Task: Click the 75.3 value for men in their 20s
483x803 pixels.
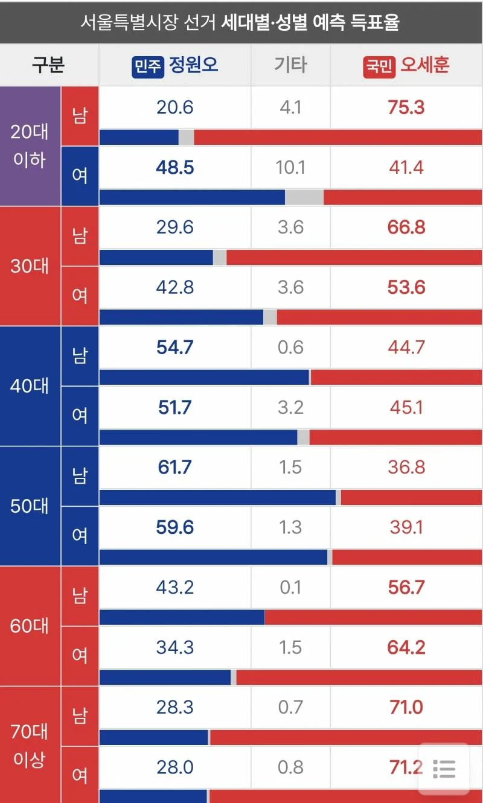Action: pyautogui.click(x=406, y=107)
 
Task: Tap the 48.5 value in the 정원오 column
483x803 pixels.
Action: pyautogui.click(x=174, y=167)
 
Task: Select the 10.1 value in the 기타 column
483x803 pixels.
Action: pyautogui.click(x=290, y=167)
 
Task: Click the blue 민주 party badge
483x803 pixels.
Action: pyautogui.click(x=148, y=67)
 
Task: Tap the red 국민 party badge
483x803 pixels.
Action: pyautogui.click(x=379, y=67)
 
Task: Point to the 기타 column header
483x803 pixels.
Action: pyautogui.click(x=290, y=65)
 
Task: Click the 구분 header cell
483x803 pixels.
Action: pyautogui.click(x=48, y=65)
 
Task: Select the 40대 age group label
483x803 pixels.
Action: pyautogui.click(x=30, y=386)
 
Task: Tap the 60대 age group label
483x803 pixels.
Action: pyautogui.click(x=30, y=626)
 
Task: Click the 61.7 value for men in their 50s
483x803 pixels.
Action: pyautogui.click(x=174, y=467)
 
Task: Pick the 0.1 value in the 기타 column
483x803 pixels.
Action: pyautogui.click(x=290, y=587)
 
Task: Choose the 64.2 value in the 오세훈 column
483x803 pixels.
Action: pyautogui.click(x=406, y=647)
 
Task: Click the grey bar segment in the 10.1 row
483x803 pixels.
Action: pyautogui.click(x=304, y=197)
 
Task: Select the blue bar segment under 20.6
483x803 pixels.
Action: pyautogui.click(x=139, y=138)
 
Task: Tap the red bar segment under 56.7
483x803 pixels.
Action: pyautogui.click(x=373, y=617)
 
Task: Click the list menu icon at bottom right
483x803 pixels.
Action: pyautogui.click(x=444, y=769)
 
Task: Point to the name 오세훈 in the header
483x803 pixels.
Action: pyautogui.click(x=425, y=65)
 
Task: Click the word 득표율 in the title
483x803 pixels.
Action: pyautogui.click(x=375, y=22)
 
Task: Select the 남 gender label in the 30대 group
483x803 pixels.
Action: pyautogui.click(x=80, y=235)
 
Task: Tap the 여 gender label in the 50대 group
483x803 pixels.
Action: pyautogui.click(x=80, y=536)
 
